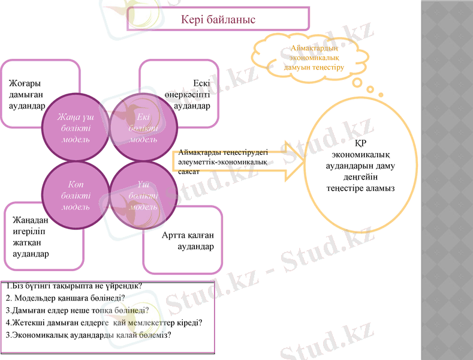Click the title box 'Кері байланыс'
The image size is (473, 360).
(x=218, y=19)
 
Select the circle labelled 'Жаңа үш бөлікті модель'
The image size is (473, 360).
(x=76, y=127)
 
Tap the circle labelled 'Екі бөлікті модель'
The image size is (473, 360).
(x=144, y=127)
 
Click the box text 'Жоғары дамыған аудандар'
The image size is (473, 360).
(x=28, y=94)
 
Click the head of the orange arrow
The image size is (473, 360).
(x=293, y=161)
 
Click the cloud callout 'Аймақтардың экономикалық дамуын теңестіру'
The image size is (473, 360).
(x=314, y=57)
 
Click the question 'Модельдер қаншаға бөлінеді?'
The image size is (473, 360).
(x=65, y=298)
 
